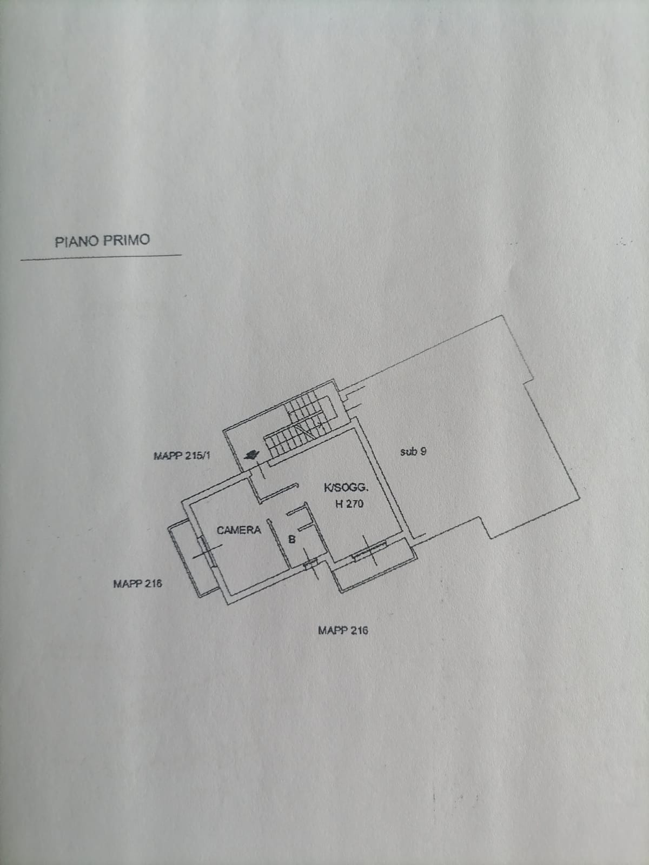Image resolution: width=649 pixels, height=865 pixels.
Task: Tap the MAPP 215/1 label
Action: click(182, 456)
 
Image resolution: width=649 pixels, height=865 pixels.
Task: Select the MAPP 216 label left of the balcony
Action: click(137, 584)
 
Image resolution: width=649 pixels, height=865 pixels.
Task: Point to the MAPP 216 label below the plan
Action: click(343, 630)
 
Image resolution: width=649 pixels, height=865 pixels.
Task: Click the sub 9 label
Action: click(413, 451)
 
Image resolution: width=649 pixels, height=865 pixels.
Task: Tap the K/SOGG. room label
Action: click(346, 488)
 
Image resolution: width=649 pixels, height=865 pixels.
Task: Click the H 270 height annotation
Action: click(349, 504)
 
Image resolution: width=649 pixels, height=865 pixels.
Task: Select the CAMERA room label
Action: click(239, 530)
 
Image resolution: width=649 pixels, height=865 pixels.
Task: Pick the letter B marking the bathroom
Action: click(292, 539)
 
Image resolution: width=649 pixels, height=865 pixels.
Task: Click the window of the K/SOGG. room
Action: click(369, 550)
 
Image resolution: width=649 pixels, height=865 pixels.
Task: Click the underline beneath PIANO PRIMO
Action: click(101, 257)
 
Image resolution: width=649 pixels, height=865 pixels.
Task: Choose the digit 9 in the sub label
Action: click(423, 451)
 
